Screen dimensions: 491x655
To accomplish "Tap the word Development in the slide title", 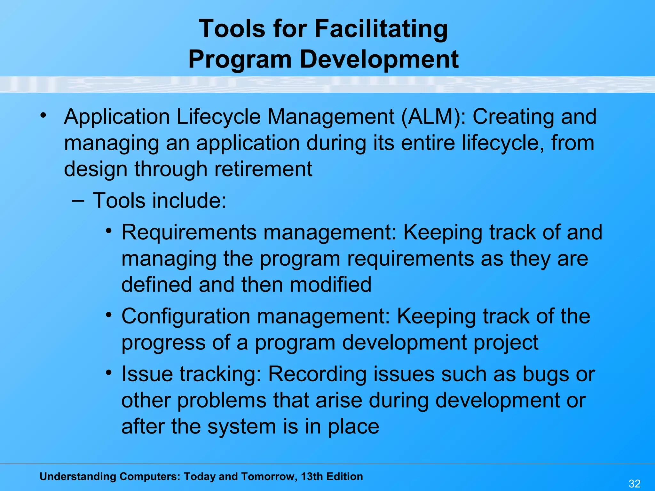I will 379,59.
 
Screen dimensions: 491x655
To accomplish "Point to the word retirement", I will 263,169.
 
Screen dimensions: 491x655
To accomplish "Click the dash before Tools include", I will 78,201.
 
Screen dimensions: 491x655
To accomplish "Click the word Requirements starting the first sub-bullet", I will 189,232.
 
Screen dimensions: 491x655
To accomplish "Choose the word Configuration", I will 186,316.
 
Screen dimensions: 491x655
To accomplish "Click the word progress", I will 163,343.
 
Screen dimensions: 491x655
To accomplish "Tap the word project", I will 506,343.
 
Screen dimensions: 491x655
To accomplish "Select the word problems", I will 222,401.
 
